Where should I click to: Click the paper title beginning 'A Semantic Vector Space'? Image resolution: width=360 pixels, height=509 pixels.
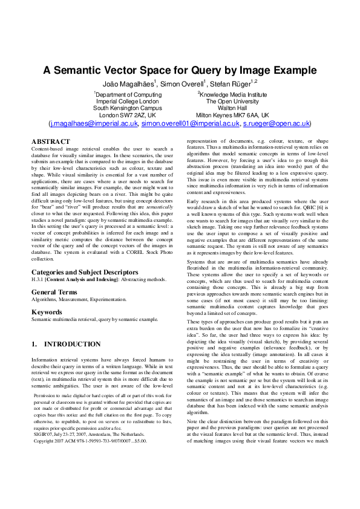[x=179, y=70]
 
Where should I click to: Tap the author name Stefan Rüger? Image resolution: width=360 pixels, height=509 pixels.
[x=237, y=83]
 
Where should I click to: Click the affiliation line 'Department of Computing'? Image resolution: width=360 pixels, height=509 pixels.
[x=128, y=95]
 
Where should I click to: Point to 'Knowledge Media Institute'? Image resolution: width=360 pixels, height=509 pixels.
[x=233, y=95]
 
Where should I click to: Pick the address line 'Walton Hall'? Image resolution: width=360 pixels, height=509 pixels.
[x=233, y=108]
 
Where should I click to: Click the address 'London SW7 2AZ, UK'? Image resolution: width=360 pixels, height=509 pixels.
[x=128, y=115]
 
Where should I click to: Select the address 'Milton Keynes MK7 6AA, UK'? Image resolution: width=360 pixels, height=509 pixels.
[x=233, y=115]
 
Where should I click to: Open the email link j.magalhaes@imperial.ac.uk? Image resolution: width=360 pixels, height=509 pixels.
[x=94, y=123]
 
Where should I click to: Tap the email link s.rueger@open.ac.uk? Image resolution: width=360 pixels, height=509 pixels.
[x=276, y=123]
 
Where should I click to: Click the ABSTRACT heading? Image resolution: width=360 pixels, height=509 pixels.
[x=50, y=142]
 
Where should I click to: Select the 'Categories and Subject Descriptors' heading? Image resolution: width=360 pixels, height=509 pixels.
[x=85, y=273]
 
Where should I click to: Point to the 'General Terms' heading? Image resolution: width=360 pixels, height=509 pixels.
[x=56, y=292]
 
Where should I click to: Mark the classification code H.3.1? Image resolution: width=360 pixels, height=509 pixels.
[x=40, y=280]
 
